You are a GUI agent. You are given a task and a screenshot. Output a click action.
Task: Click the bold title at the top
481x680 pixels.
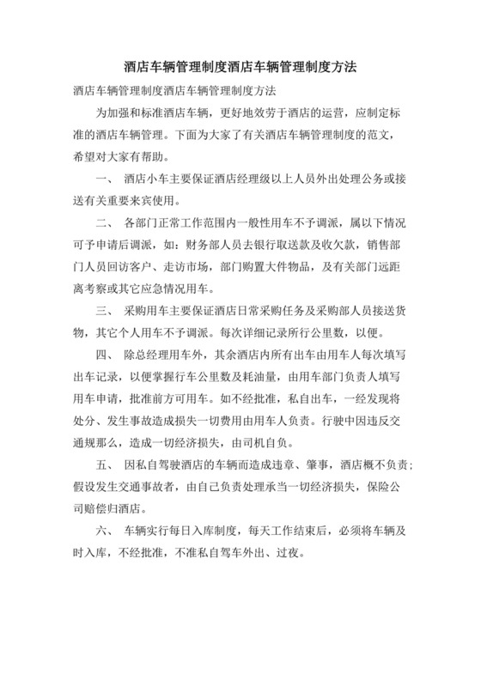coord(240,66)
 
